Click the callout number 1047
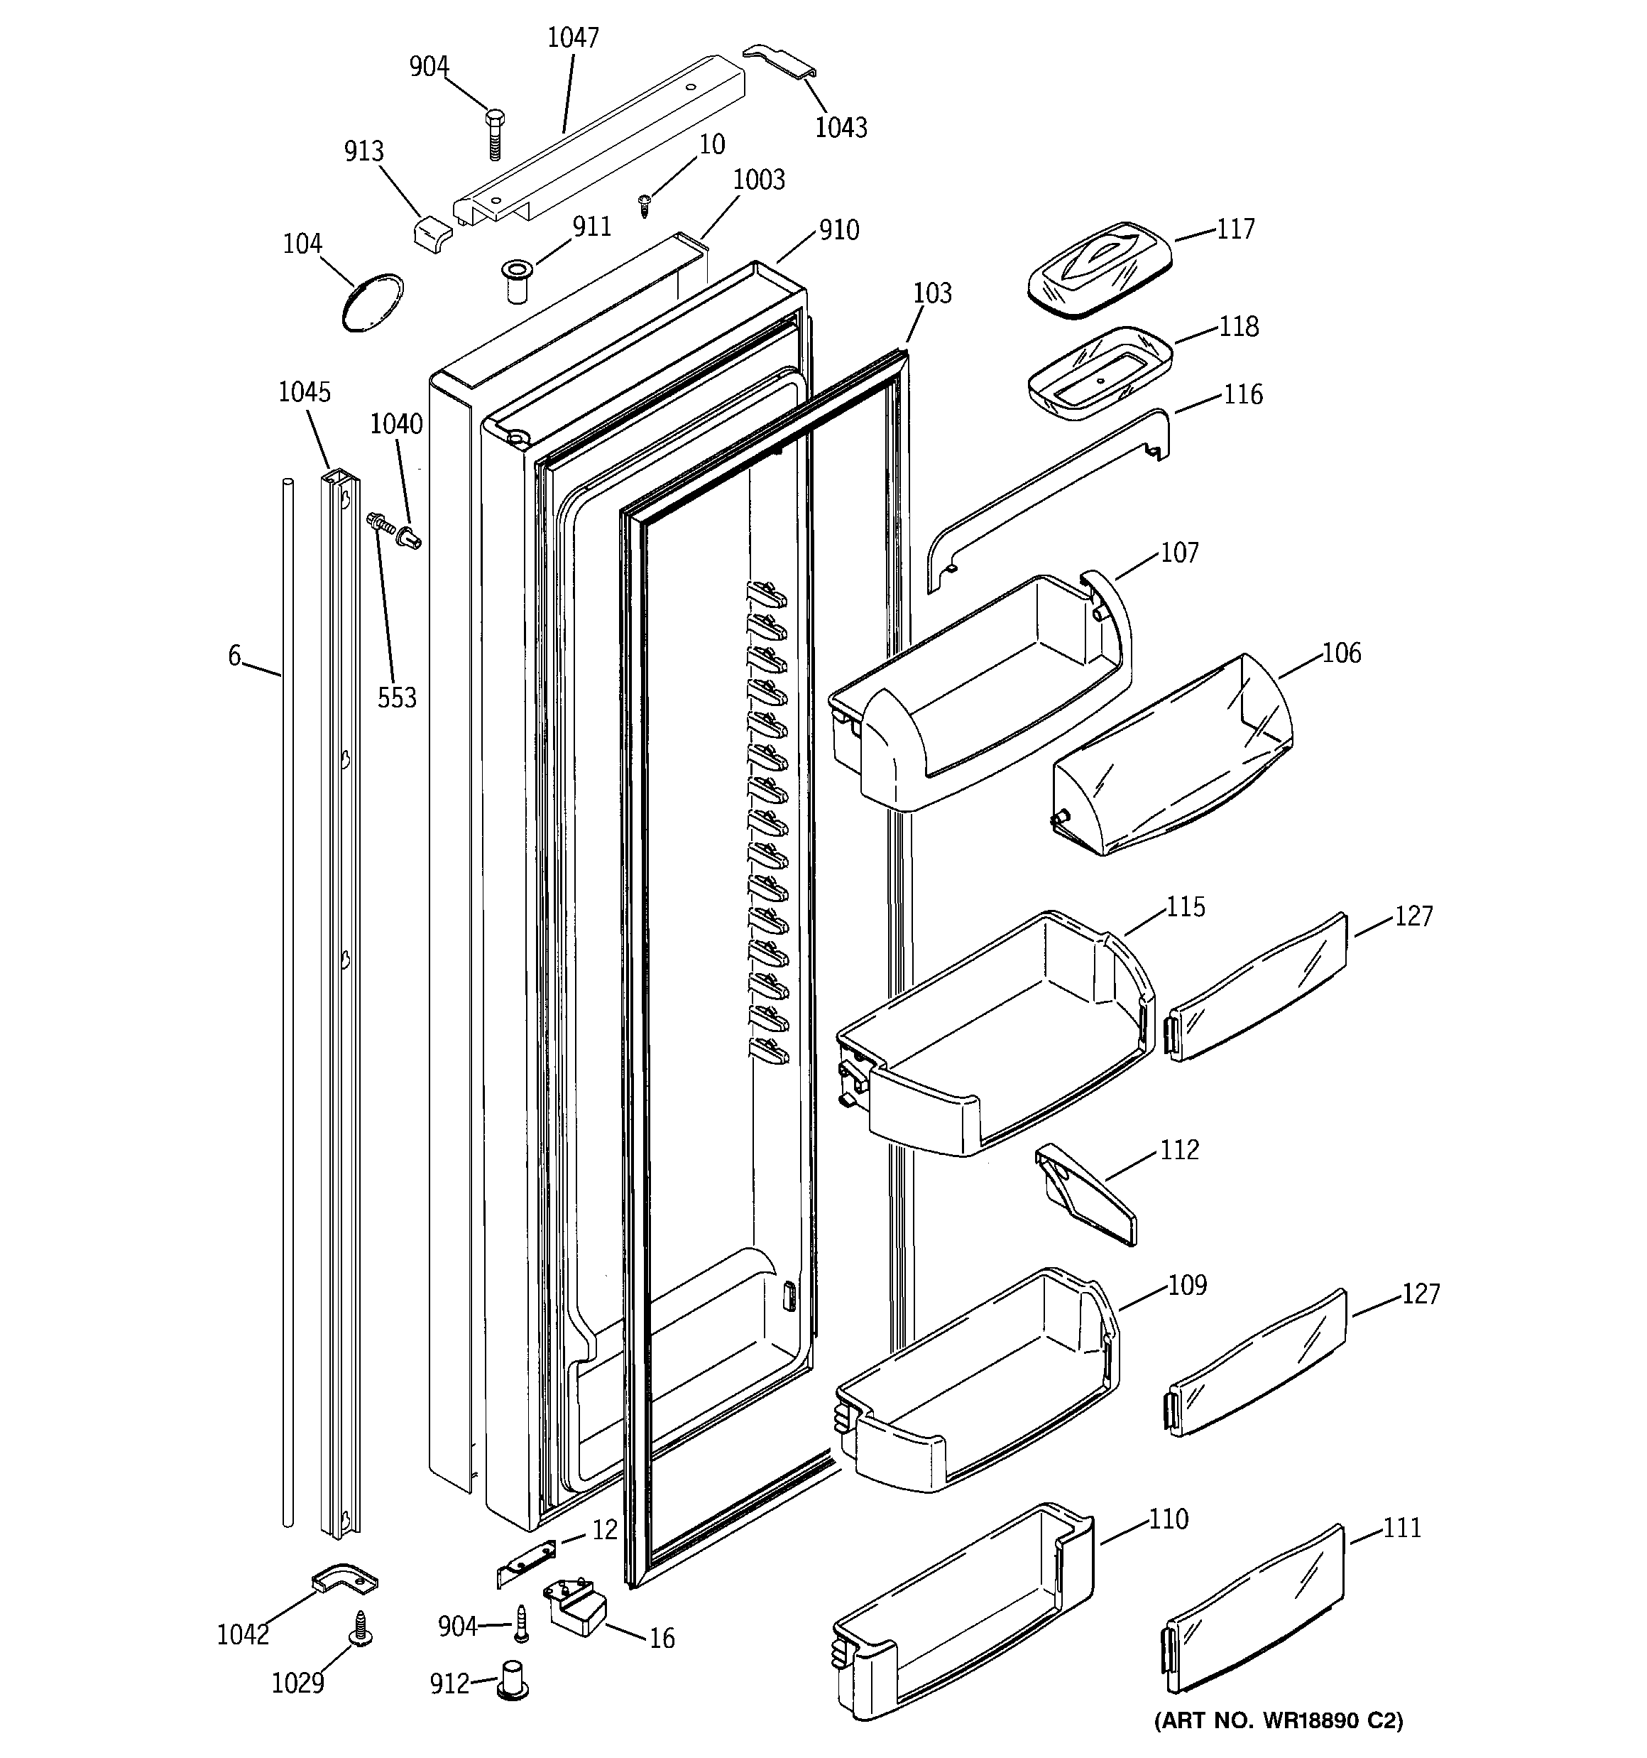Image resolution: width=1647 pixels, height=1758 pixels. (573, 38)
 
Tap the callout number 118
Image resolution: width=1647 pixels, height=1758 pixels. (1239, 326)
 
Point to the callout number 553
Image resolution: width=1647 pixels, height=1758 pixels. (397, 698)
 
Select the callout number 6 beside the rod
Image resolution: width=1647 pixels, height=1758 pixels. (234, 656)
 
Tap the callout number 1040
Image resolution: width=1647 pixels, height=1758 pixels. (396, 425)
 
